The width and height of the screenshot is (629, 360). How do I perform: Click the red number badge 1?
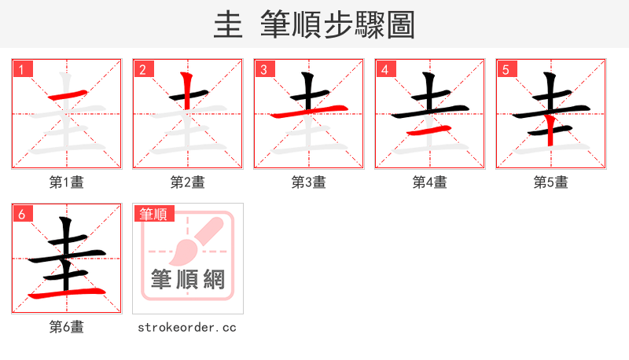(21, 69)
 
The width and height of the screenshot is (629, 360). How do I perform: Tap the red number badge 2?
(142, 69)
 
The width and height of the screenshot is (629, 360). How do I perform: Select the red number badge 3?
(263, 69)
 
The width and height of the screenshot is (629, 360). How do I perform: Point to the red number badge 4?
(384, 69)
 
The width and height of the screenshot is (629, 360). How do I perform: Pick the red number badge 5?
(506, 69)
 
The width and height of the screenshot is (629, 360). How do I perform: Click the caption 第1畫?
(67, 182)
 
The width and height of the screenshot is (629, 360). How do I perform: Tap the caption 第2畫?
(188, 182)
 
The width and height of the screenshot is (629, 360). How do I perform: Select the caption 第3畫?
(309, 182)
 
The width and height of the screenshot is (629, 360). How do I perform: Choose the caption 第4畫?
(430, 182)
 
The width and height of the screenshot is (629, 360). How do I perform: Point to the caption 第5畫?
(551, 182)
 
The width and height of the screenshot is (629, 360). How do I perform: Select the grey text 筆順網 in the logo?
(188, 279)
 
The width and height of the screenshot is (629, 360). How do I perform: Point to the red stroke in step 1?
(65, 97)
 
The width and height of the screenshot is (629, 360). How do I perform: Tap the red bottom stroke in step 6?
(67, 293)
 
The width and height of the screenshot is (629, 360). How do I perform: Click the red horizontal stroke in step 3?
(309, 112)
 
